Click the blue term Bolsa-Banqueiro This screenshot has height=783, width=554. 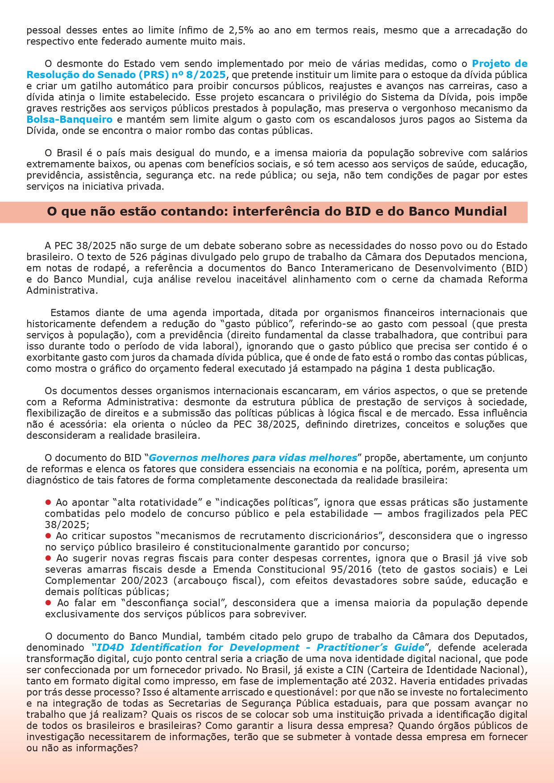(69, 120)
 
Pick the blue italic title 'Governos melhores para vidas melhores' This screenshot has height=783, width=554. (253, 458)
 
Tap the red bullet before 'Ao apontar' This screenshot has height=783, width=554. (48, 503)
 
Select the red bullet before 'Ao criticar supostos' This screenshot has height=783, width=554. (48, 536)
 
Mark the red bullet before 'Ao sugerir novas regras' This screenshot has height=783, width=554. (48, 558)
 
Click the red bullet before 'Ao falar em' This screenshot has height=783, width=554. (48, 603)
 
